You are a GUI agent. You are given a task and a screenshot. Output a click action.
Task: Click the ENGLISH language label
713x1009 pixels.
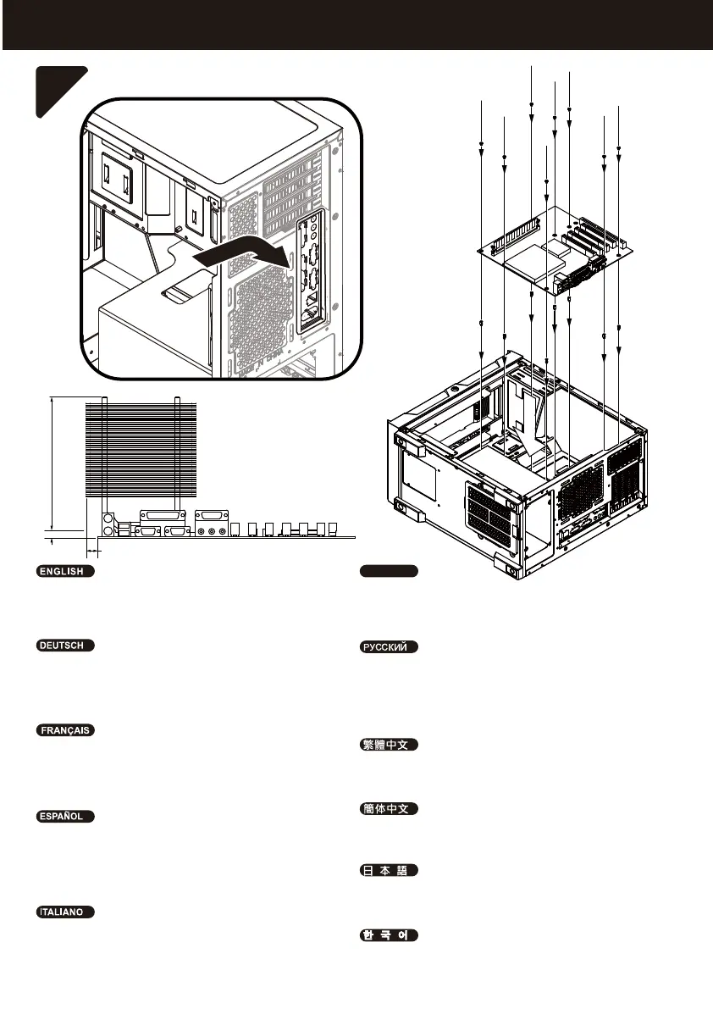(64, 571)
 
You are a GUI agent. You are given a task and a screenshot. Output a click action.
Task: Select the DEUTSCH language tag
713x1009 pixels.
(64, 646)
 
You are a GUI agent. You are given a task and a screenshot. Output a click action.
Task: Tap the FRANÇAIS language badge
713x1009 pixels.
(64, 729)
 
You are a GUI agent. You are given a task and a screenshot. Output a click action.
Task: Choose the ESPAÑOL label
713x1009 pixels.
(64, 816)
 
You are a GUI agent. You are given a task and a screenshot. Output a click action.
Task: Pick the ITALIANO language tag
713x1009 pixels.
(64, 912)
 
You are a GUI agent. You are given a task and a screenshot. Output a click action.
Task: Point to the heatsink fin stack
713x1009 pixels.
(141, 449)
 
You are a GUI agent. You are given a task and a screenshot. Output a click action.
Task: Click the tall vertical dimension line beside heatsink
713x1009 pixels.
(52, 462)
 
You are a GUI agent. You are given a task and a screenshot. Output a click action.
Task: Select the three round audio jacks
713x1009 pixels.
(211, 531)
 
